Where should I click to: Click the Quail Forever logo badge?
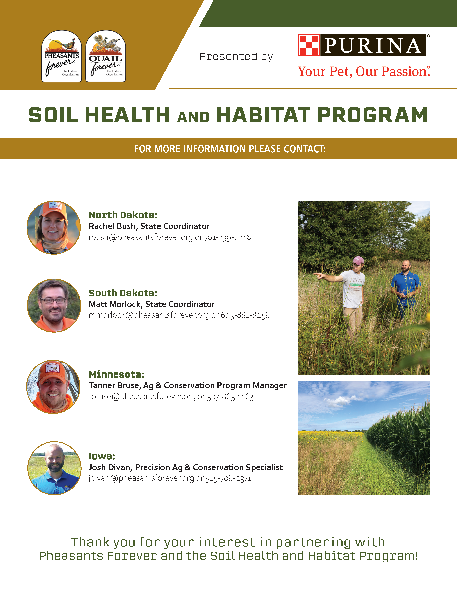pos(106,56)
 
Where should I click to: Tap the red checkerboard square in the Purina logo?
pos(309,45)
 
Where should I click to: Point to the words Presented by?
pos(236,57)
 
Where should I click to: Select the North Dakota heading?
pos(123,215)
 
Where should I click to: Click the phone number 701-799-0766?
pos(227,237)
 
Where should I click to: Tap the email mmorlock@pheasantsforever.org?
pos(149,315)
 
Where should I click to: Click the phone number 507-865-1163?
pos(230,397)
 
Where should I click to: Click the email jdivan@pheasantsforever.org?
pos(141,478)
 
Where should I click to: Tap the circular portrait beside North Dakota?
pos(54,228)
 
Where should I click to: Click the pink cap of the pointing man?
pos(358,261)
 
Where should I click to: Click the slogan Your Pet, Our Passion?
pos(364,72)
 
